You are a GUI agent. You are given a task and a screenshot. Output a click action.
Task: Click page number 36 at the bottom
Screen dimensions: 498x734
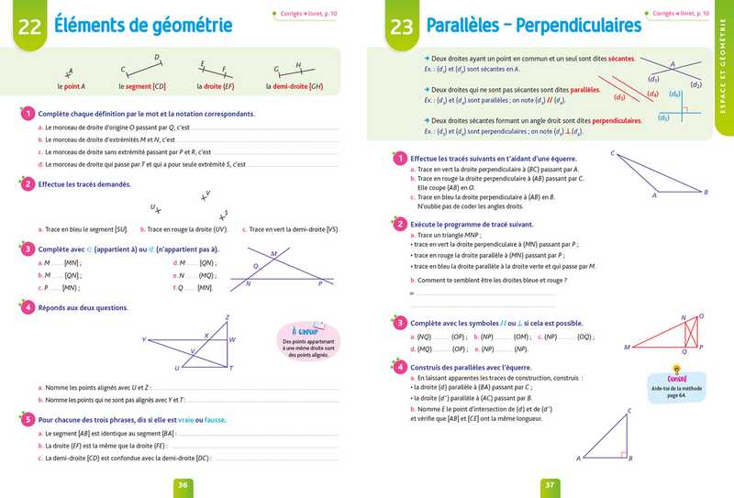point(183,485)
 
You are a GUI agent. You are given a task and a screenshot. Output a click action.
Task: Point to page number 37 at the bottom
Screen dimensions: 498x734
point(550,485)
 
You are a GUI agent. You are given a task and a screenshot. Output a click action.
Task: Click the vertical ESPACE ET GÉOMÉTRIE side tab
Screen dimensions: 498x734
point(724,87)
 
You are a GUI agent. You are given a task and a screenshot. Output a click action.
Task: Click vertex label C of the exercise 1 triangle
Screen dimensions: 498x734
point(612,154)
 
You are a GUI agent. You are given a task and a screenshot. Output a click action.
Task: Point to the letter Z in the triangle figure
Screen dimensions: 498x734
point(227,317)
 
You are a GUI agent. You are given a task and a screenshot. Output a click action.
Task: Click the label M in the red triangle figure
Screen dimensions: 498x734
point(627,348)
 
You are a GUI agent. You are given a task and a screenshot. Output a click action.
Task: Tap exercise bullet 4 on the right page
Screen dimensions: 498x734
point(399,366)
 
